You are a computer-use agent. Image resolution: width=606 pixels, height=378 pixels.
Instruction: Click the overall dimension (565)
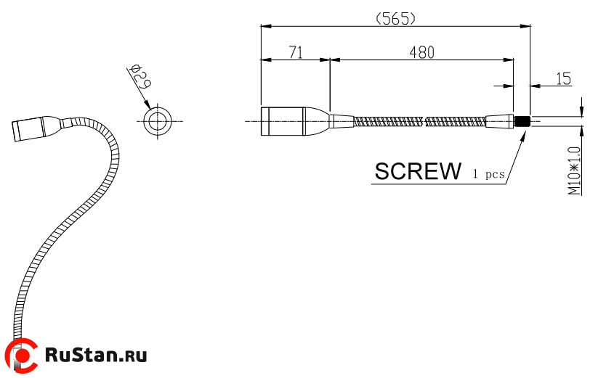[396, 18]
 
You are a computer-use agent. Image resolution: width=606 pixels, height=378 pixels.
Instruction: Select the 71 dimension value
[296, 52]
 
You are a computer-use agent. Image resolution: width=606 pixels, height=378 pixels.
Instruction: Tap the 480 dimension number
[421, 52]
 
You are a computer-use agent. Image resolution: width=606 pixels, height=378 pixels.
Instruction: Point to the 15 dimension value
[563, 78]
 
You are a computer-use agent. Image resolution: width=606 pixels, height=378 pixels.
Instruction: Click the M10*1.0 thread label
[574, 170]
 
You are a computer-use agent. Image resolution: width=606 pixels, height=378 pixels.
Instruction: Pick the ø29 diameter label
[141, 76]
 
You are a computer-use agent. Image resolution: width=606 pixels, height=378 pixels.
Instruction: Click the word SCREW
[418, 171]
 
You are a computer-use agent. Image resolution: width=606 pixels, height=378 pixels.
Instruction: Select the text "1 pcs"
[489, 174]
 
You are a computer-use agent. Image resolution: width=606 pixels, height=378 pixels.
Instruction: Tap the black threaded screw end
[522, 121]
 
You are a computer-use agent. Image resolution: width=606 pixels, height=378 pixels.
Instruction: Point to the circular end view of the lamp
[158, 121]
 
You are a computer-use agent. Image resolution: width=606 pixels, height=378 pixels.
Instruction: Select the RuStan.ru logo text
[96, 355]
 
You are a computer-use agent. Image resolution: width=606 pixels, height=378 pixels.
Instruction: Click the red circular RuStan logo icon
[23, 355]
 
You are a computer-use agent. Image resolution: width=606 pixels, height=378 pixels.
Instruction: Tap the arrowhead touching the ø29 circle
[148, 104]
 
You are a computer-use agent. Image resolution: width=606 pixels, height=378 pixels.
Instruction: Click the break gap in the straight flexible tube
[425, 121]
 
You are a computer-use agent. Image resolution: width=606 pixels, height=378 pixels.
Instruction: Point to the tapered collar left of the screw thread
[500, 121]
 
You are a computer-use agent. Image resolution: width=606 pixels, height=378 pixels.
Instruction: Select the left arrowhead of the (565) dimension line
[266, 26]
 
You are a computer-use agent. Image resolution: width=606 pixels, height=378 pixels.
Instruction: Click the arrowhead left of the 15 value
[535, 86]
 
